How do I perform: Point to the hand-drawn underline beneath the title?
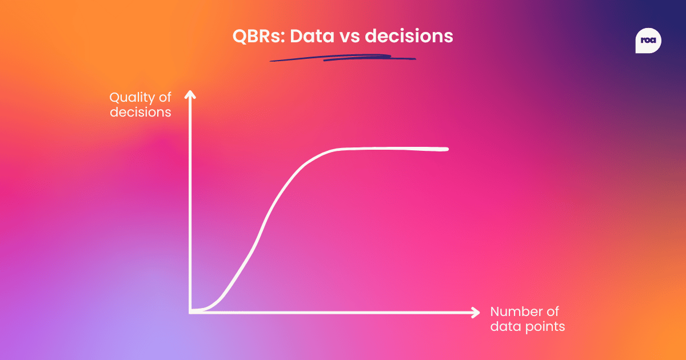coord(343,58)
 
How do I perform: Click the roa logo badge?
coord(648,42)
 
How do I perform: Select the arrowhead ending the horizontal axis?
coord(475,312)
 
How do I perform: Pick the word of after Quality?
coord(165,98)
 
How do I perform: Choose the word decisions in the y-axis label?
coord(140,112)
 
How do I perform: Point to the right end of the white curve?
coord(446,149)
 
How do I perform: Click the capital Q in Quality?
coord(115,98)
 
